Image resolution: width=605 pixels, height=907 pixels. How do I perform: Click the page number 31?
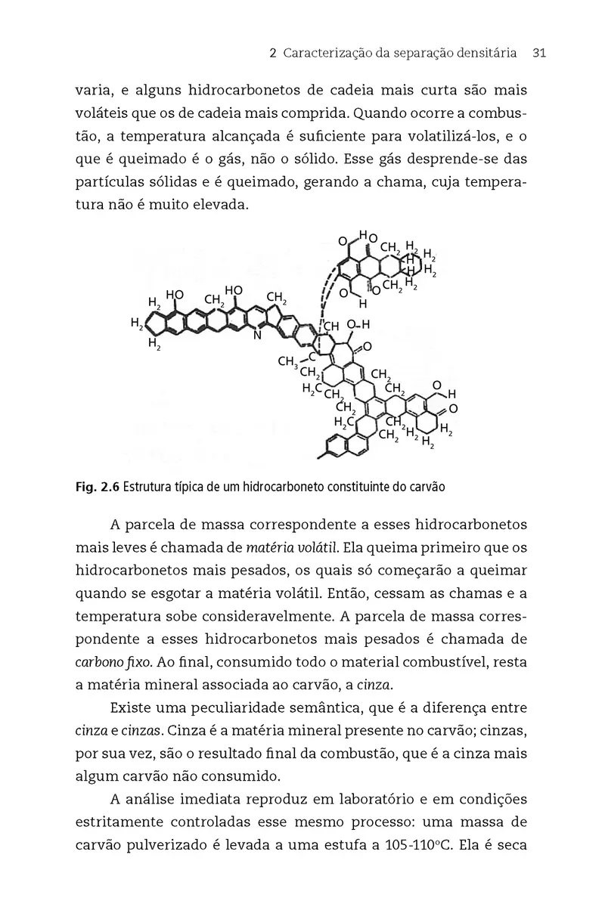pos(539,54)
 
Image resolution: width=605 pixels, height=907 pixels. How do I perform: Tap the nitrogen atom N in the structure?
pos(256,336)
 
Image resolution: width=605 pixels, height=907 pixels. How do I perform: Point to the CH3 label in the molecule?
pos(288,361)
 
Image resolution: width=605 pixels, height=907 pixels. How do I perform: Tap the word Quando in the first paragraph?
pos(383,113)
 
